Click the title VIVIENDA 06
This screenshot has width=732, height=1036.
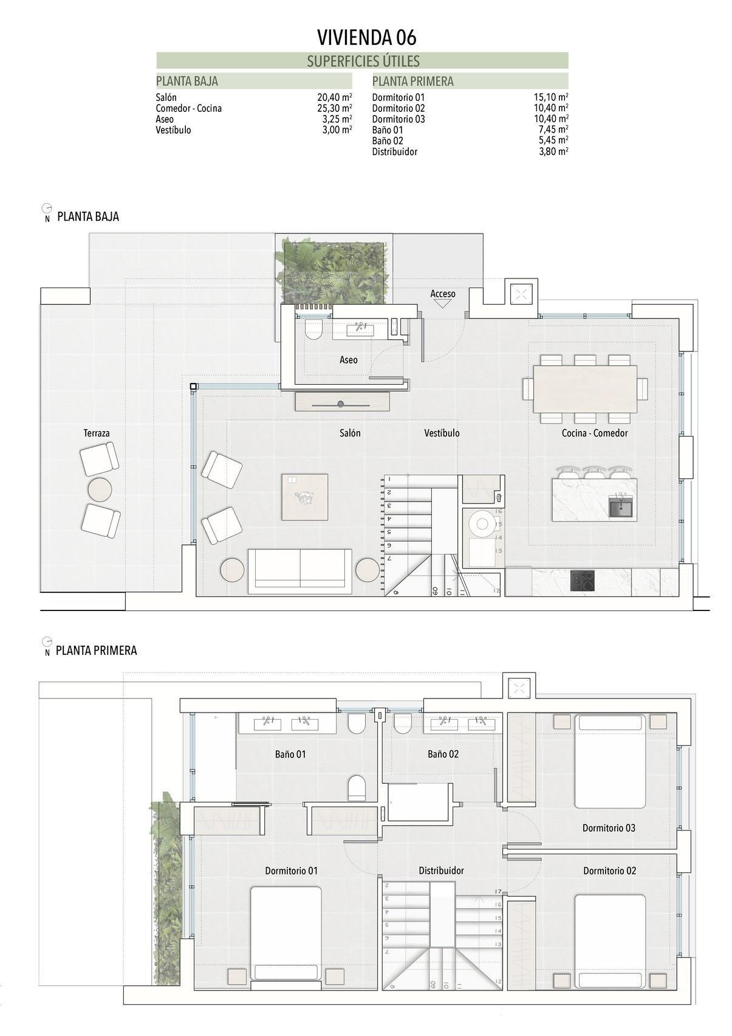tap(366, 38)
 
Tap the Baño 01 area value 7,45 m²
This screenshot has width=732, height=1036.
tap(553, 130)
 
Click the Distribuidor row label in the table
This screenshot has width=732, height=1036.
tap(394, 152)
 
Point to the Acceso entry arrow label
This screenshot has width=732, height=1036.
tap(442, 294)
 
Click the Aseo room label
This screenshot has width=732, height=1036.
tap(348, 360)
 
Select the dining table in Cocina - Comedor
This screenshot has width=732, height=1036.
tap(584, 389)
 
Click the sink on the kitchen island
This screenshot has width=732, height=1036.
tap(621, 506)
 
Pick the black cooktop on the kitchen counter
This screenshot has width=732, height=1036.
tap(583, 581)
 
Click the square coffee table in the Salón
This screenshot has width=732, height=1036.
tap(304, 497)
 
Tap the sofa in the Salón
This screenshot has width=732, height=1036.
tap(299, 572)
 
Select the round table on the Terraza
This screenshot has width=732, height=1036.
tap(100, 489)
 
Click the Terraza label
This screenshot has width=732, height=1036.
tap(97, 433)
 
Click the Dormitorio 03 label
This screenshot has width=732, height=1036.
tap(609, 828)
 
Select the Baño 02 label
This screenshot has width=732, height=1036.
tap(443, 755)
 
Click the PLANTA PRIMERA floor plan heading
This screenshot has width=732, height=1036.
tap(96, 651)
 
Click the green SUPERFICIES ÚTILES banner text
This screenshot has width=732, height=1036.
tap(363, 61)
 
